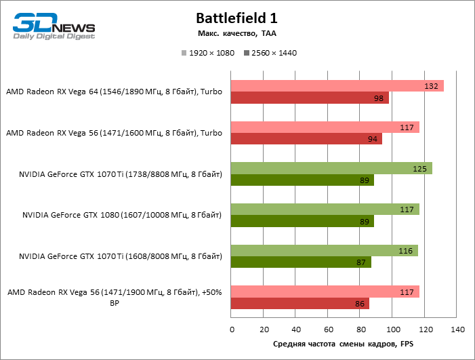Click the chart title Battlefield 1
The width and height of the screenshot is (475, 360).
pyautogui.click(x=236, y=18)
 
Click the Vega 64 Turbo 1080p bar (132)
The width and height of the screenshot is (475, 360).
pyautogui.click(x=337, y=86)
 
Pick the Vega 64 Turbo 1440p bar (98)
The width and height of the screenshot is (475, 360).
pyautogui.click(x=310, y=98)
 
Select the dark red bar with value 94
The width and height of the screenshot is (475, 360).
pyautogui.click(x=306, y=139)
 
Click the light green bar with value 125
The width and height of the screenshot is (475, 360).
pyautogui.click(x=331, y=169)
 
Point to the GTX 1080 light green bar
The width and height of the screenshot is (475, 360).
pyautogui.click(x=325, y=209)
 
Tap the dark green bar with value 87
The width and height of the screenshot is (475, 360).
pyautogui.click(x=301, y=262)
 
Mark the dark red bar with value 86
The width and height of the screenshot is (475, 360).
pyautogui.click(x=300, y=304)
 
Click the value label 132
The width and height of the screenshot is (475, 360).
pyautogui.click(x=430, y=86)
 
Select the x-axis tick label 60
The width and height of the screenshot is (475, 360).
pyautogui.click(x=328, y=330)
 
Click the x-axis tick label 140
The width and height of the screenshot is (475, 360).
pyautogui.click(x=457, y=330)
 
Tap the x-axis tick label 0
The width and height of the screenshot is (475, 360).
pyautogui.click(x=232, y=330)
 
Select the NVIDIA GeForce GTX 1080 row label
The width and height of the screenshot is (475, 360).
pyautogui.click(x=122, y=216)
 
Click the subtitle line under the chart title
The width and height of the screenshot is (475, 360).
pyautogui.click(x=236, y=33)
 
